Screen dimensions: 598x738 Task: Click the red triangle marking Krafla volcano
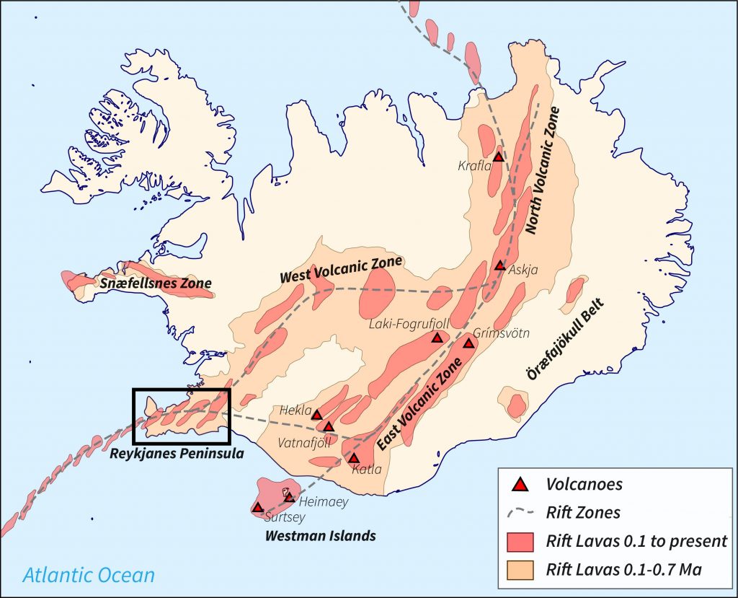pyautogui.click(x=498, y=157)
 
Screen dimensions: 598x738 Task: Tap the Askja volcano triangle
pyautogui.click(x=500, y=265)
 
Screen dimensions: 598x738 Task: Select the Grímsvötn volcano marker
pyautogui.click(x=468, y=343)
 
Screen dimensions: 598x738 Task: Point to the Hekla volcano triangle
pyautogui.click(x=316, y=414)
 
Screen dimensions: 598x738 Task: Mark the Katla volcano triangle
pyautogui.click(x=354, y=458)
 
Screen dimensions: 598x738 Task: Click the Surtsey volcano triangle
pyautogui.click(x=258, y=507)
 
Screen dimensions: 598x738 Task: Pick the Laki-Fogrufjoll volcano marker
pyautogui.click(x=437, y=338)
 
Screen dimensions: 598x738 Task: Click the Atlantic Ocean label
pyautogui.click(x=88, y=575)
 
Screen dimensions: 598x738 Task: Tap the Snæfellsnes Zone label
pyautogui.click(x=156, y=283)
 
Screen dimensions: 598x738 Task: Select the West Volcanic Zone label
pyautogui.click(x=340, y=268)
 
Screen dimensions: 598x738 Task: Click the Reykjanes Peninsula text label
pyautogui.click(x=177, y=454)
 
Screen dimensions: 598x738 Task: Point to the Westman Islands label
pyautogui.click(x=320, y=536)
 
